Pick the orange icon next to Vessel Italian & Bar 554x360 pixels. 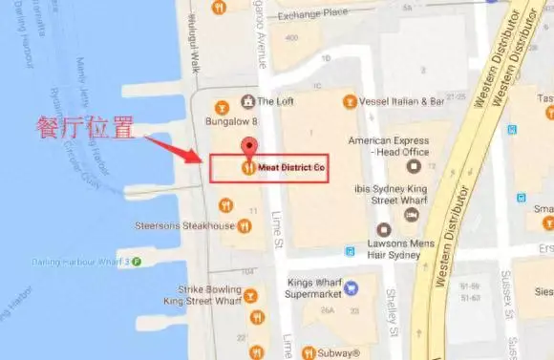349,101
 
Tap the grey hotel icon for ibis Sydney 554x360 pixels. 411,215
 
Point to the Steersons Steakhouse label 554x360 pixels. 186,226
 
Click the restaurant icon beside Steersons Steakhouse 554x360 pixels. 245,226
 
